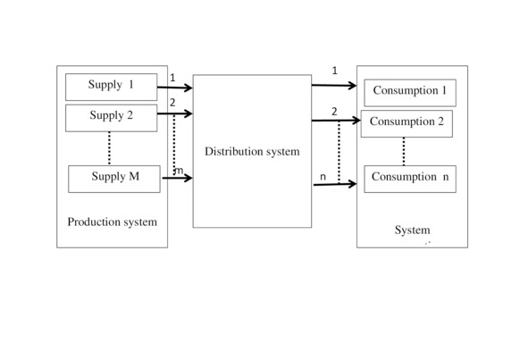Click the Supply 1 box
coord(111,87)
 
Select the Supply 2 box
coord(111,118)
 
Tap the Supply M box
coord(114,179)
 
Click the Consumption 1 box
coord(410,93)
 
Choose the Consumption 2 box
coord(406,123)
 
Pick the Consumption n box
coord(410,179)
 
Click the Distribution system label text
coord(252,152)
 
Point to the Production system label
coord(113,222)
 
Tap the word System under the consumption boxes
coord(413,230)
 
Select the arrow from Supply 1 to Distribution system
coord(175,88)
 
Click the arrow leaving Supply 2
coord(175,113)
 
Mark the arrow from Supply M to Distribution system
coord(178,178)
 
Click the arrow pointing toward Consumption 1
coord(334,86)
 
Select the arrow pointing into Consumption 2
coord(337,121)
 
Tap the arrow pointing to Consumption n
coord(335,184)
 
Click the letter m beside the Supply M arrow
coord(179,171)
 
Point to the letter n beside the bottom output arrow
coord(323,177)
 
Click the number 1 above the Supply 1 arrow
coord(172,78)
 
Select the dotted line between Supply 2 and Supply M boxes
coord(109,148)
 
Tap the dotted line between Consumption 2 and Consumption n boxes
coord(404,151)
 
